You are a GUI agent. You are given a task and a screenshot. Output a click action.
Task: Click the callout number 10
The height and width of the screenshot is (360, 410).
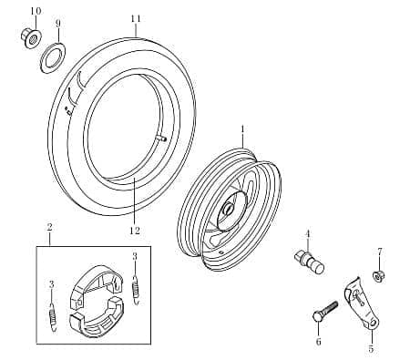pos(36,11)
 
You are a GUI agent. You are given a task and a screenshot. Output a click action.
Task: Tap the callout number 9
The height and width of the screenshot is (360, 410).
pos(58,24)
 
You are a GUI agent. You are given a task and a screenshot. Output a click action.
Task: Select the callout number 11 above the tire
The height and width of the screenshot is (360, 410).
pos(136,19)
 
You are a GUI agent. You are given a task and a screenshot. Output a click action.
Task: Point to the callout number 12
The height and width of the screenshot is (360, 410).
pos(135,231)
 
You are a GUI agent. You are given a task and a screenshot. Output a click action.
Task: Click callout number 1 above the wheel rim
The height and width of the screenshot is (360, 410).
pos(242,129)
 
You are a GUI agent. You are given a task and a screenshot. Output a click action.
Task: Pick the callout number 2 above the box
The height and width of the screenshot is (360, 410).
pos(50,226)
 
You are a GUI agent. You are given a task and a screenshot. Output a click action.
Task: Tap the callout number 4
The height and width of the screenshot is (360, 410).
pos(308,234)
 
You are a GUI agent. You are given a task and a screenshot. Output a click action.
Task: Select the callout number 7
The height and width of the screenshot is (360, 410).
pos(380,252)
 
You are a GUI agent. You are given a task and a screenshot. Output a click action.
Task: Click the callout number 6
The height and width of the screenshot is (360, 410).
pos(318,342)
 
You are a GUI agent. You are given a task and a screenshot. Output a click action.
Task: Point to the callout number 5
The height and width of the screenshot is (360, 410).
pos(371,349)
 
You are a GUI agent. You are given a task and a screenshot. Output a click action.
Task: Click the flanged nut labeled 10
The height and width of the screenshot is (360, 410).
pos(32,38)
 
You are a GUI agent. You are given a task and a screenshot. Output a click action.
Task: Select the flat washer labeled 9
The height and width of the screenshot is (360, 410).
pos(53,58)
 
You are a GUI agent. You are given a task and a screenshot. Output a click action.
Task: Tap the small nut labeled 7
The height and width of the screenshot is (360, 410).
pos(377,276)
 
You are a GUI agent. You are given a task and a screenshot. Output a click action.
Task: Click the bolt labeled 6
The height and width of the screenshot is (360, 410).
pos(325,312)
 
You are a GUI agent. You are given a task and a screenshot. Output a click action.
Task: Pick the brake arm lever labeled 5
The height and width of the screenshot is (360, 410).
pos(362,303)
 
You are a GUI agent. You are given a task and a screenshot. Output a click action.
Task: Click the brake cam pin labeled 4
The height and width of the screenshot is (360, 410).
pos(310,262)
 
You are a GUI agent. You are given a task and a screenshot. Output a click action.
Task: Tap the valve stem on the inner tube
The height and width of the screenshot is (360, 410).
pos(162,139)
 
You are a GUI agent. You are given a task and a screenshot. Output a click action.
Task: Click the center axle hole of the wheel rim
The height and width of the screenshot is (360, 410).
pos(228,209)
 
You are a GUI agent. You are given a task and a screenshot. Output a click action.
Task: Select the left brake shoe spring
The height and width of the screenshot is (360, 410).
pos(53,316)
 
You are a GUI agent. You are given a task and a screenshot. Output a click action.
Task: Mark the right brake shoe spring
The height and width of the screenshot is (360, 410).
pos(137,289)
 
